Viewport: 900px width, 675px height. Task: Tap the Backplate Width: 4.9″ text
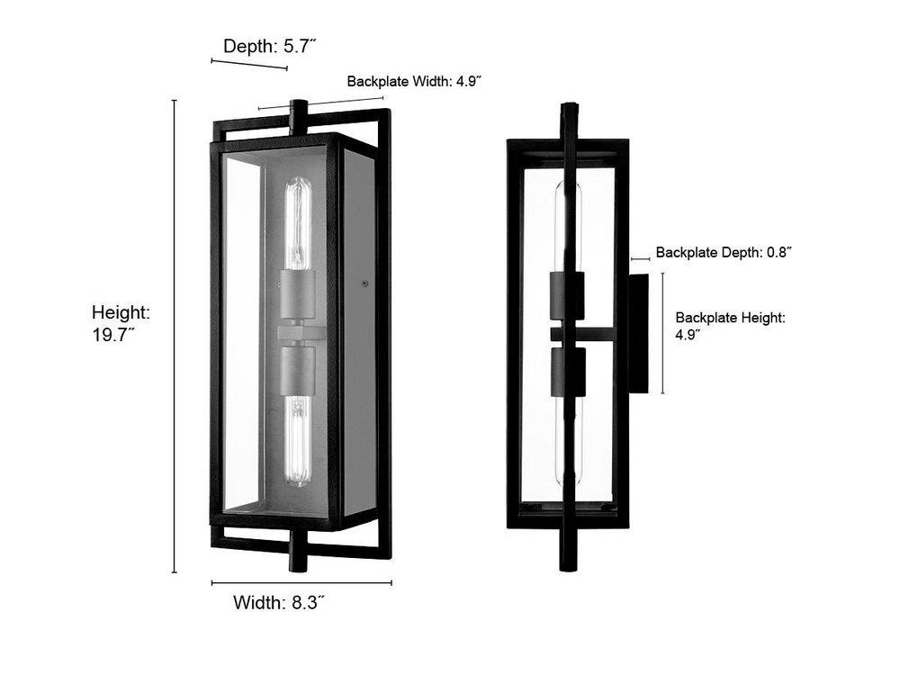pos(414,81)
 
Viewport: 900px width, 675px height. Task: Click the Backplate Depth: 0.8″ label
pos(724,253)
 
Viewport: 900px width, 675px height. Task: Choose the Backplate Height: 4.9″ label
pos(731,325)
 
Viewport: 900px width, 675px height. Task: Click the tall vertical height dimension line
pos(175,337)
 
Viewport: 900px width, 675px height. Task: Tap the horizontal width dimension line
pos(301,582)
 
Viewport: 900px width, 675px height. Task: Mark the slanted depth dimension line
pos(248,65)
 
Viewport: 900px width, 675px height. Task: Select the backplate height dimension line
pos(663,333)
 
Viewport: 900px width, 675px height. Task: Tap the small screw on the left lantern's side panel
pos(364,283)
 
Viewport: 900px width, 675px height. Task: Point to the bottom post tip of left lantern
pos(298,560)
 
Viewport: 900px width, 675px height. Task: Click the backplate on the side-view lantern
pos(638,333)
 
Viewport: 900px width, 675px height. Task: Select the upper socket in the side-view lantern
pos(567,295)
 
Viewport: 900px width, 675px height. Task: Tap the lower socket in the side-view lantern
pos(567,372)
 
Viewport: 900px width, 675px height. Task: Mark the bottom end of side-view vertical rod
pos(568,563)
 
